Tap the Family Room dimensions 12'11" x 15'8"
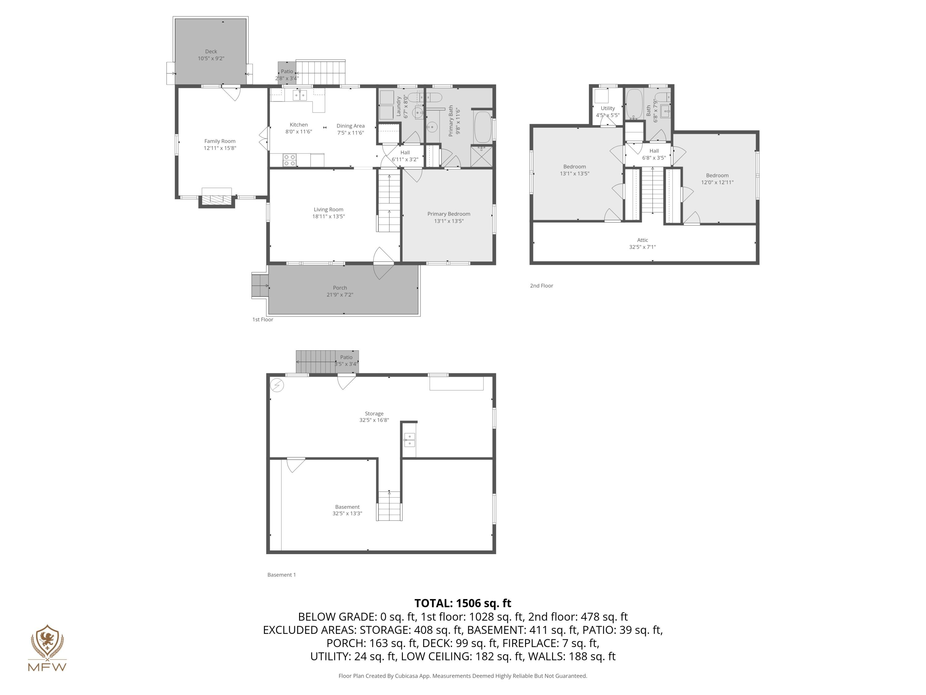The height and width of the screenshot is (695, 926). point(220,148)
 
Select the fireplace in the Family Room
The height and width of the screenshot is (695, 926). point(216,200)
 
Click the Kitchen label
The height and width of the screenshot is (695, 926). point(298,124)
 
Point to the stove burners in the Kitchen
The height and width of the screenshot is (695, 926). point(289,160)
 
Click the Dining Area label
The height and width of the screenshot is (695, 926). point(350,126)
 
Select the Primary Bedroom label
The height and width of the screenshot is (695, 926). point(448,214)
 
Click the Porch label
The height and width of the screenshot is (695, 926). point(340,288)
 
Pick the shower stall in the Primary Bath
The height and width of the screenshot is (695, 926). point(482,156)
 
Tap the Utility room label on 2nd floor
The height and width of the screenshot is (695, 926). point(607,108)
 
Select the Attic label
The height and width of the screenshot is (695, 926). point(642,240)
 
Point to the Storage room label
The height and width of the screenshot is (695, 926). point(374,414)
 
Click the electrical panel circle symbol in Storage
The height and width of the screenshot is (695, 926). point(277,385)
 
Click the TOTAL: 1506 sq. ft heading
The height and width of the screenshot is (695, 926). point(463,603)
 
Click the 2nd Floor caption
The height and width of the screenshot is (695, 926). point(541,286)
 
